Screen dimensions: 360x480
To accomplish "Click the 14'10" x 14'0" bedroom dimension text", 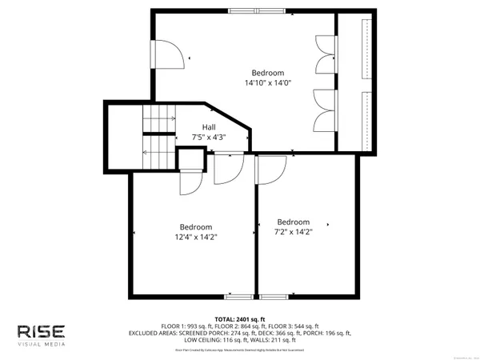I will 267,82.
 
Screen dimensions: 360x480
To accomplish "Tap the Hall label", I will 208,127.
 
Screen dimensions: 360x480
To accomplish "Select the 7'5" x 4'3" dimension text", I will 208,138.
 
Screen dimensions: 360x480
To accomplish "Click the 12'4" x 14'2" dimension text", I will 196,236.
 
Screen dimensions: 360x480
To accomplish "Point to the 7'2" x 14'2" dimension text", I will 294,232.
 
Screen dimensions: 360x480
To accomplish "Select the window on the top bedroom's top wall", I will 253,11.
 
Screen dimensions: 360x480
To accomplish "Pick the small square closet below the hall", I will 189,162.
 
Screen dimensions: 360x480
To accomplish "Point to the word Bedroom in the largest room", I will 267,72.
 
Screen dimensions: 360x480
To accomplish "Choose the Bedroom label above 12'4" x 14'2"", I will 196,226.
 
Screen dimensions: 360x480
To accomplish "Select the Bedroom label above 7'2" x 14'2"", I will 294,222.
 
